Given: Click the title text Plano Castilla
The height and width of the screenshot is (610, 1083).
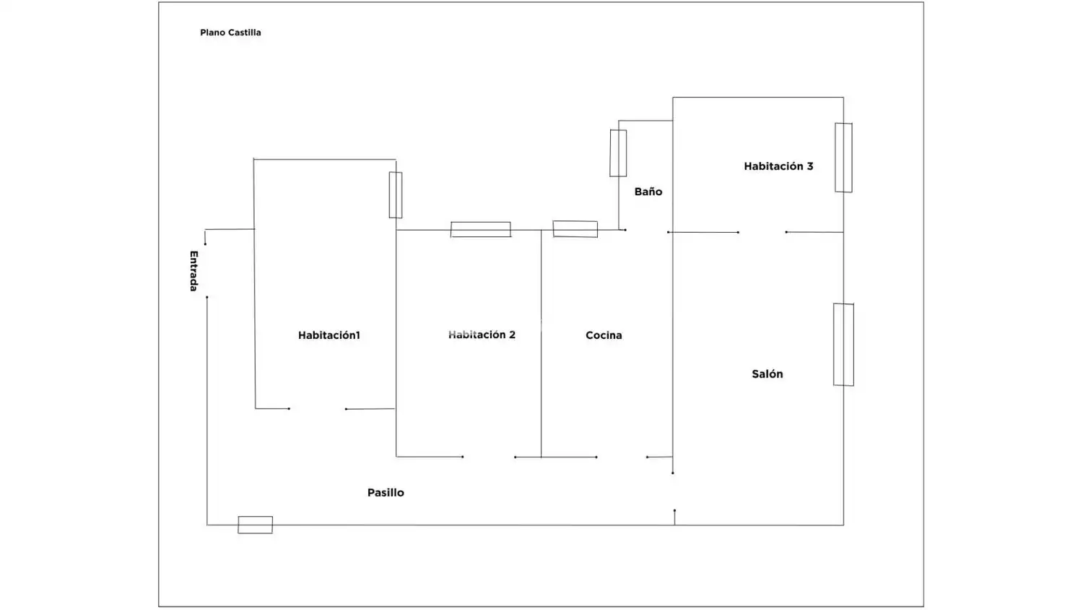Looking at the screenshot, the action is [230, 33].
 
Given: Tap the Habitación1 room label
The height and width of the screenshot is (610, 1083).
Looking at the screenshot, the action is [329, 335].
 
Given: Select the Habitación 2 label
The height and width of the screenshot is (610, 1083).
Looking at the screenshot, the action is [482, 335].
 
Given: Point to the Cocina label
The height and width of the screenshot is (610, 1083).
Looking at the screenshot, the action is [604, 335].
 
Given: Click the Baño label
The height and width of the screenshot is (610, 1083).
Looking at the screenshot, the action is [648, 192].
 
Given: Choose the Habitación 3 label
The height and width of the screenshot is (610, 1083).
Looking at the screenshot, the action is [778, 166].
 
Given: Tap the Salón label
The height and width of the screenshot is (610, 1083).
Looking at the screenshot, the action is [767, 374].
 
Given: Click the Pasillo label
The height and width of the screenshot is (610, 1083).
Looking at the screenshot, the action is [386, 492].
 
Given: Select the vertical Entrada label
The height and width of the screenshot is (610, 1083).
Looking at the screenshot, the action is [193, 271].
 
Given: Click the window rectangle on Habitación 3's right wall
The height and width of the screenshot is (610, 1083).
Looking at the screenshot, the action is [844, 158].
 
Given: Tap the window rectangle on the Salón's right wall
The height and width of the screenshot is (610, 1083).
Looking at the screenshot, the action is [844, 345].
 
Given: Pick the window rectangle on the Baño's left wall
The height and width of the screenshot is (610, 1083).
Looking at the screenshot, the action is [618, 153].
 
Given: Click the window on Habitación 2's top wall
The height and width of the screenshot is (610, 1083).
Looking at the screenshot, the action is [481, 230].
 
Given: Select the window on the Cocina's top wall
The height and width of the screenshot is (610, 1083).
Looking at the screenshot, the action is [575, 229].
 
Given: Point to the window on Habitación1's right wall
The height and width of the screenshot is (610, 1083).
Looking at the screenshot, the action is [396, 195].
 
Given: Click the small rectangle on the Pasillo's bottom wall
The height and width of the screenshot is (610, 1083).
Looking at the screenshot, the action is [256, 525].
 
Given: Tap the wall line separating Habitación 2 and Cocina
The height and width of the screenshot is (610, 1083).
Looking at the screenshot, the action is [541, 344].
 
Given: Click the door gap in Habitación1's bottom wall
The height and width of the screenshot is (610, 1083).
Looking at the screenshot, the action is [318, 409].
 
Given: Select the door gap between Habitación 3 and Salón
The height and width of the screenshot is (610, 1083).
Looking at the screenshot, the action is [762, 233].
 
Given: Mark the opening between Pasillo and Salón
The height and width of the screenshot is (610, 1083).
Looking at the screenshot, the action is [674, 492].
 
